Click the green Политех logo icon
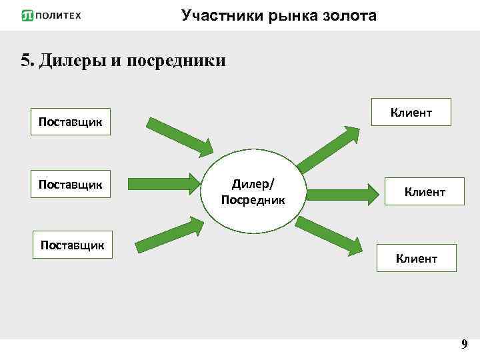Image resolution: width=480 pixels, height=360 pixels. [x=27, y=15]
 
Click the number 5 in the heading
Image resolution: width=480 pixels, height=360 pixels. [x=25, y=61]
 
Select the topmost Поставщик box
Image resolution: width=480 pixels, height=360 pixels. [x=71, y=122]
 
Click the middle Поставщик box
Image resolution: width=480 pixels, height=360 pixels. [x=71, y=184]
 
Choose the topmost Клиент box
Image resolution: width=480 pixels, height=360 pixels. [x=411, y=112]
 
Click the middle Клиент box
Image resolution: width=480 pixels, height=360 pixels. [x=425, y=192]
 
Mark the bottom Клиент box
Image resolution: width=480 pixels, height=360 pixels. [x=417, y=258]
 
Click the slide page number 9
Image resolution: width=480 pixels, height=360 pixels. [x=464, y=345]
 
